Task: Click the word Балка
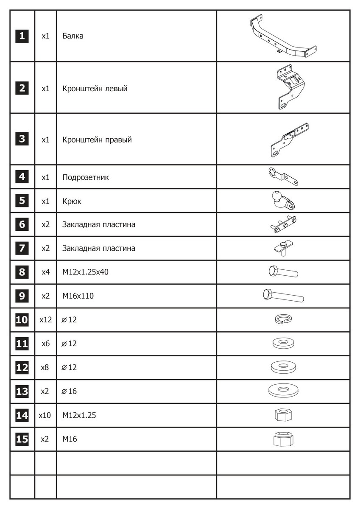coord(73,36)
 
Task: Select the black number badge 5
coord(22,201)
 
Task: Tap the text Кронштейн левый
coord(95,89)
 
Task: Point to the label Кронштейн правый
coord(97,140)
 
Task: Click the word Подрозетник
coord(85,177)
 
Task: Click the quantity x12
coord(45,320)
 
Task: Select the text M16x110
coord(78,296)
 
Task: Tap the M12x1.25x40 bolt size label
coord(85,272)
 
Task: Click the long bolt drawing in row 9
coord(283,295)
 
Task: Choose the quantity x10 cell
coord(45,415)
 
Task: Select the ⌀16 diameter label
coord(69,391)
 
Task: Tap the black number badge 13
coord(22,391)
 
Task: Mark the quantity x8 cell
coord(45,367)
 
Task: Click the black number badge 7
coord(22,248)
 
